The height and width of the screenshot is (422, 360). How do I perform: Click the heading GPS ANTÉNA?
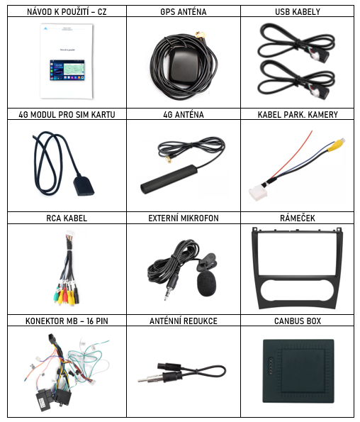coord(184,12)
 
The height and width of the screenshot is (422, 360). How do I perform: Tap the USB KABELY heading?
coord(298,12)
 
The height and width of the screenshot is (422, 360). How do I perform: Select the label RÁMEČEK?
coord(298,218)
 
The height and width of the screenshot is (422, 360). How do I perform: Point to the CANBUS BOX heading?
coord(298,321)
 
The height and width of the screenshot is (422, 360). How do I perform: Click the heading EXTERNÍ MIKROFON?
coord(184,218)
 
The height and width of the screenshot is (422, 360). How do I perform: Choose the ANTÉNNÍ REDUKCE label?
coord(184,321)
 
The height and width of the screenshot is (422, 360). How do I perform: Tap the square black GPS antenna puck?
coord(184,65)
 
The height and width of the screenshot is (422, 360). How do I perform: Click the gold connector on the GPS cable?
coord(201,35)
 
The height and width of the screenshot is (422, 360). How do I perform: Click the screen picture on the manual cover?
coord(67,70)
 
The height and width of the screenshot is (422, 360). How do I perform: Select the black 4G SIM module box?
coord(84,185)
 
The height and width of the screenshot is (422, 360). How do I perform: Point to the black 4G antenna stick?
coord(169,179)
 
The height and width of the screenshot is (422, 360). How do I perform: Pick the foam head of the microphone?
coord(206,284)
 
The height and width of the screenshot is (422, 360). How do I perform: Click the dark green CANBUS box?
coord(298,371)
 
